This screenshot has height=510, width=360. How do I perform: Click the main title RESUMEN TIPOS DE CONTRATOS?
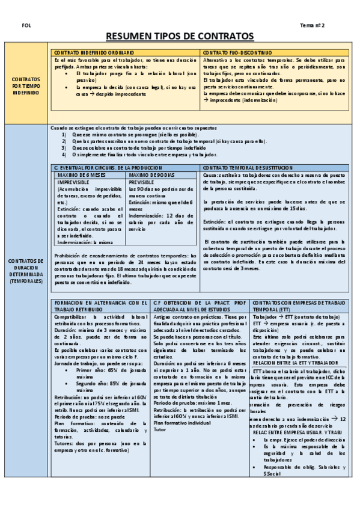pyautogui.click(x=180, y=37)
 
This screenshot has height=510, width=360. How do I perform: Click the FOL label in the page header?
pyautogui.click(x=25, y=26)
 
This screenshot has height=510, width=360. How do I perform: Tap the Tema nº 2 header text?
pyautogui.click(x=312, y=26)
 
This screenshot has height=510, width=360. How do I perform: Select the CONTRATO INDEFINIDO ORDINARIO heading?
pyautogui.click(x=91, y=53)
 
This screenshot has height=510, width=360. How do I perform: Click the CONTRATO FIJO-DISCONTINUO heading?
pyautogui.click(x=237, y=53)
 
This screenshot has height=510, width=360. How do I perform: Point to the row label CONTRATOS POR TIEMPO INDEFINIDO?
pyautogui.click(x=26, y=86)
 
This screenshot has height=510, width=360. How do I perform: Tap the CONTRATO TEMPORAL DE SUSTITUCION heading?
pyautogui.click(x=248, y=167)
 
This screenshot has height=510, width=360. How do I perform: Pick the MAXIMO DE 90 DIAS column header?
pyautogui.click(x=151, y=175)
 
